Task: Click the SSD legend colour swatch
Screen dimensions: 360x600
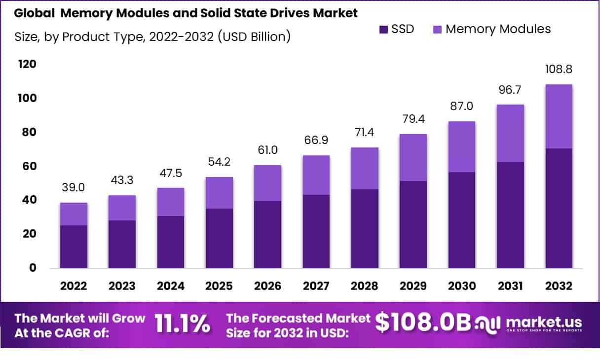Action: (x=384, y=29)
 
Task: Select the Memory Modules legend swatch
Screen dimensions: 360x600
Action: (x=438, y=29)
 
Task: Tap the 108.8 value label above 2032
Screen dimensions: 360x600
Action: (x=559, y=69)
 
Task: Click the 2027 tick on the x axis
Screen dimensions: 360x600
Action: (x=316, y=286)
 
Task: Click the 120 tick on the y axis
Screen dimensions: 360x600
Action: (x=27, y=65)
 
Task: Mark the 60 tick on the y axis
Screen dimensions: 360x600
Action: (x=30, y=166)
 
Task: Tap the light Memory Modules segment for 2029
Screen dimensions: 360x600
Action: (x=413, y=157)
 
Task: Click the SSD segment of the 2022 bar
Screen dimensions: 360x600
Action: (x=74, y=247)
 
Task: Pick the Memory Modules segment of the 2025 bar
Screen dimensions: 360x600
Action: (x=219, y=193)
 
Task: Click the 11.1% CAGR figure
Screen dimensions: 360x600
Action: (x=182, y=324)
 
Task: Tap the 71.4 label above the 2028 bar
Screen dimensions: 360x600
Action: (x=365, y=132)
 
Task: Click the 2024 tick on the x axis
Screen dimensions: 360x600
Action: (x=171, y=286)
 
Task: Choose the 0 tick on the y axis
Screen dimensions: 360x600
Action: (x=33, y=268)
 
